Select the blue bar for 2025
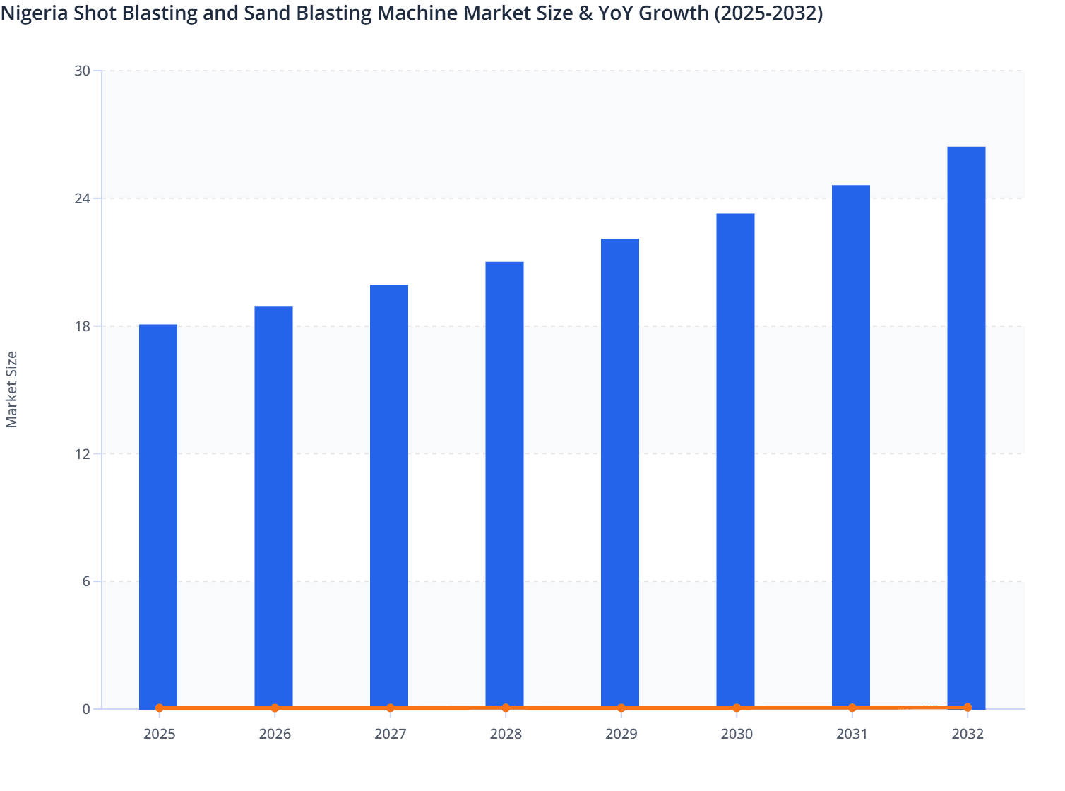point(158,516)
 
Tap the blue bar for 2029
point(620,473)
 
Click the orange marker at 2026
point(275,708)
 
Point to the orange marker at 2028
point(506,708)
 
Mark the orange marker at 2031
point(852,708)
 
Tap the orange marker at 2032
point(968,707)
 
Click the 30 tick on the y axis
point(82,71)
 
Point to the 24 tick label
point(82,198)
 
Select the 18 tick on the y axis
point(82,326)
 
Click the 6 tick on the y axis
point(86,581)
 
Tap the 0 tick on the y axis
point(86,709)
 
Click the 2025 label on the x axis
point(159,734)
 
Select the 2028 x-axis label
point(506,734)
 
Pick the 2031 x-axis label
point(852,734)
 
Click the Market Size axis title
point(12,389)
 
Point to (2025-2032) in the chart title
point(768,13)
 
